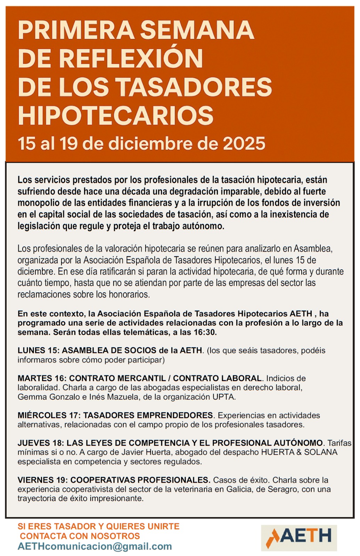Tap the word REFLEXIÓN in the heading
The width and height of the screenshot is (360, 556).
click(x=131, y=58)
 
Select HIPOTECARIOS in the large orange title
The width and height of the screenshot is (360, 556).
click(x=115, y=115)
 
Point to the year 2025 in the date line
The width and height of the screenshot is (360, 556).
click(x=244, y=144)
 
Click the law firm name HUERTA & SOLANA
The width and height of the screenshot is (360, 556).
click(x=299, y=452)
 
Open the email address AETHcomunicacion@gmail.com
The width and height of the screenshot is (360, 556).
click(x=95, y=546)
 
